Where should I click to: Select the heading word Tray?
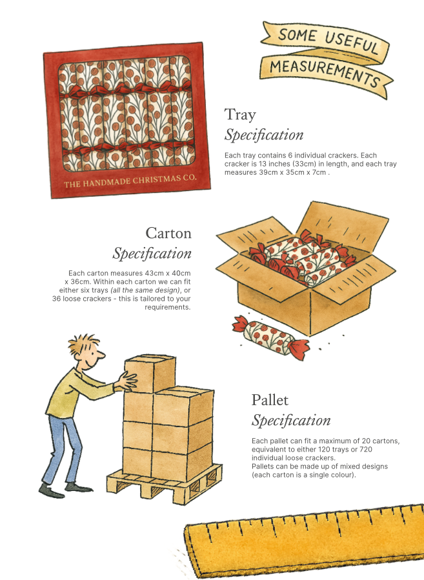[240, 115]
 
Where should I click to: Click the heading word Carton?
[168, 232]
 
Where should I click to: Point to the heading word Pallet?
[270, 400]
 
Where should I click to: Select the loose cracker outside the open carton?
[271, 337]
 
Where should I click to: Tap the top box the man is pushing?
[150, 374]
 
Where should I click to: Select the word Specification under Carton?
[152, 254]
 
